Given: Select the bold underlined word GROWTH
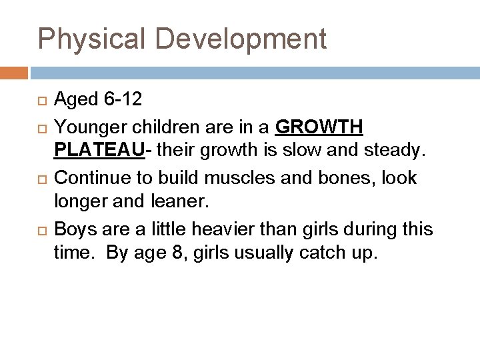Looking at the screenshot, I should pyautogui.click(x=319, y=127).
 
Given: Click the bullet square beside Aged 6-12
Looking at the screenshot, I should pyautogui.click(x=44, y=101).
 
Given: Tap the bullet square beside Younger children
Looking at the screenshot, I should pyautogui.click(x=44, y=127).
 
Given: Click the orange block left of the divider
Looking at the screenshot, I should pyautogui.click(x=14, y=71).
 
